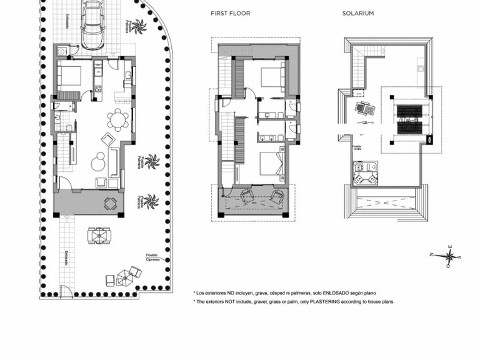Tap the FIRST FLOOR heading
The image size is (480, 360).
tap(231, 13)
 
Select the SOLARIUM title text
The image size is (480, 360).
tap(358, 13)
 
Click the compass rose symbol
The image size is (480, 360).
tap(449, 256)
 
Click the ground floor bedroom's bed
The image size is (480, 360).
tap(69, 76)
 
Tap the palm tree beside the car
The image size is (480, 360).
tap(138, 26)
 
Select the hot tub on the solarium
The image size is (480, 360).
tap(365, 172)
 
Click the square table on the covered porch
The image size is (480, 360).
tap(110, 202)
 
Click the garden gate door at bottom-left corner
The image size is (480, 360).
tap(67, 292)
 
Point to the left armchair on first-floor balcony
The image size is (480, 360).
tap(247, 196)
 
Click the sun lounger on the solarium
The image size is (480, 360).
tap(365, 110)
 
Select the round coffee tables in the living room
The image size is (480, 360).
tap(98, 162)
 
